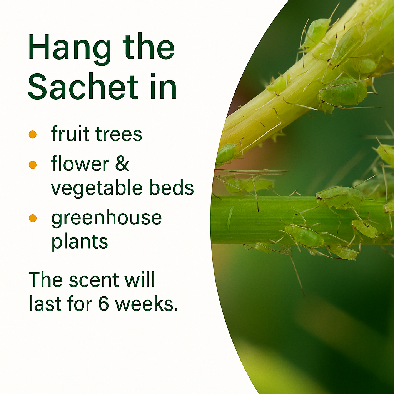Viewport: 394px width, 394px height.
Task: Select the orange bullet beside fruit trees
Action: [x=33, y=134]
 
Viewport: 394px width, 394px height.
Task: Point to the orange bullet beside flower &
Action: [x=33, y=165]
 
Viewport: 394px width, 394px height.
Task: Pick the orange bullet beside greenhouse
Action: [x=33, y=218]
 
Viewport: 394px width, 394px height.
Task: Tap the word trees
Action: [x=119, y=134]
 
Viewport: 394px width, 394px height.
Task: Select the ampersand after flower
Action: [x=122, y=164]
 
